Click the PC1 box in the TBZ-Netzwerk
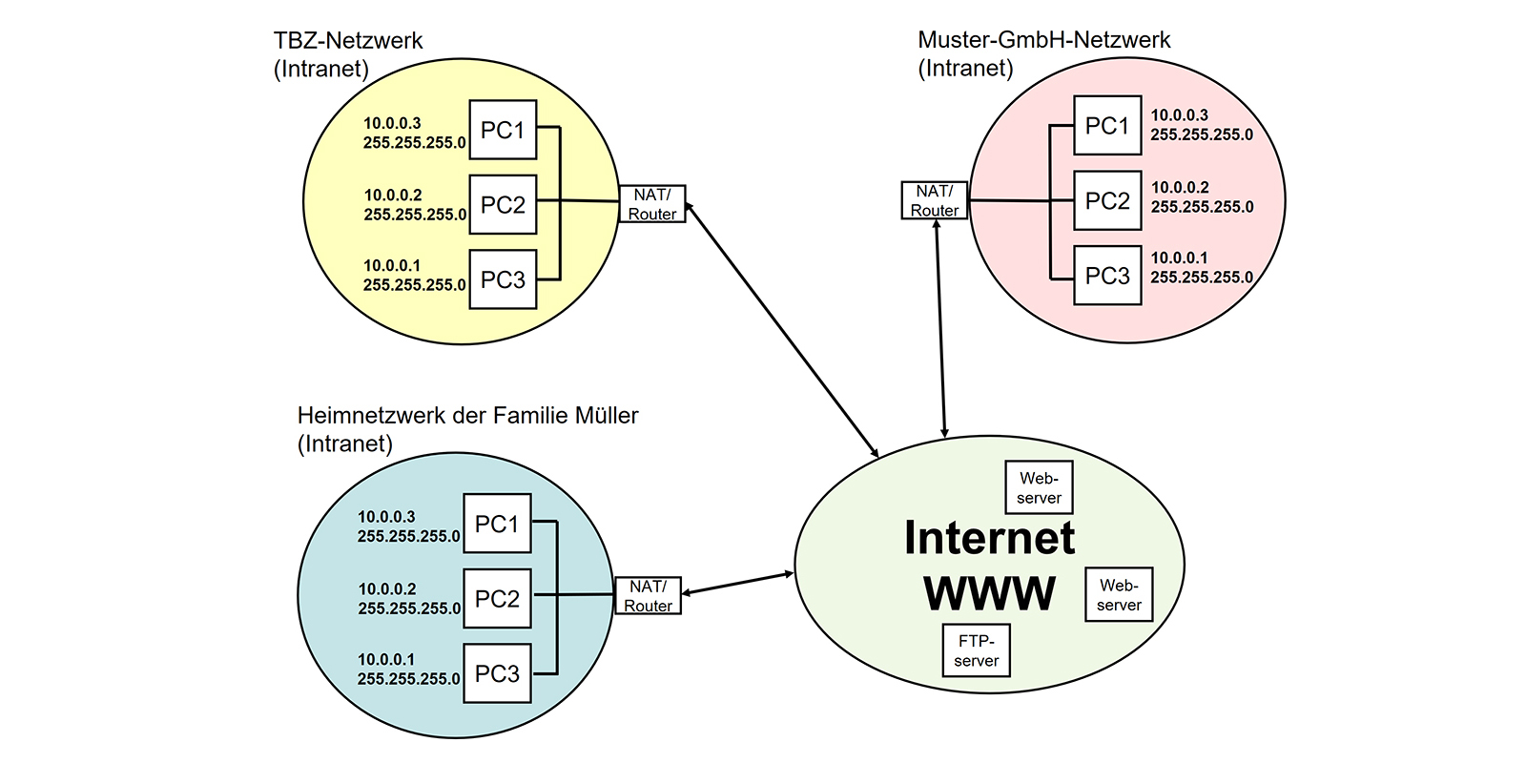503,130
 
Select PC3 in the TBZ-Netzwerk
503,279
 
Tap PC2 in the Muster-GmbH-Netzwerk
1107,200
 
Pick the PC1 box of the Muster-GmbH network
1107,125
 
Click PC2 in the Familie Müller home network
497,599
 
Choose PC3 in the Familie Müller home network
497,673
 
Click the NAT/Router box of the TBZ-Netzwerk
652,204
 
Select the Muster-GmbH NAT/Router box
935,200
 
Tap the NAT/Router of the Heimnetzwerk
649,596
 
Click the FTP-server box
976,650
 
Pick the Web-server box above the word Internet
1040,487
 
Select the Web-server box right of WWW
1119,595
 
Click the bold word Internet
990,538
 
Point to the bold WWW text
990,593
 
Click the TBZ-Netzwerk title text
348,41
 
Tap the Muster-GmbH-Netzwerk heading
1043,40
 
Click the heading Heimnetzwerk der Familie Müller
467,416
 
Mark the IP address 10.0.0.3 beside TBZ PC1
392,123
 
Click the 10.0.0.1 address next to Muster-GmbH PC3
1179,258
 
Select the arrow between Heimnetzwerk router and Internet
738,583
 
